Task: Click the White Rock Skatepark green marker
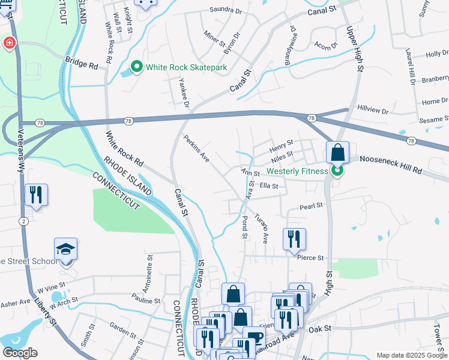pyautogui.click(x=137, y=67)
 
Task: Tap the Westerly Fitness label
pyautogui.click(x=297, y=171)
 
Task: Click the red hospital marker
pyautogui.click(x=9, y=43)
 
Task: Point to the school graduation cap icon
pyautogui.click(x=66, y=248)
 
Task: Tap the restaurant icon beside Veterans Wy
pyautogui.click(x=36, y=194)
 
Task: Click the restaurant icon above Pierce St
pyautogui.click(x=294, y=238)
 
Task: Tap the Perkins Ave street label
pyautogui.click(x=196, y=148)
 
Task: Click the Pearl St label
pyautogui.click(x=311, y=205)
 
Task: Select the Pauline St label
pyautogui.click(x=146, y=300)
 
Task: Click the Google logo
pyautogui.click(x=20, y=352)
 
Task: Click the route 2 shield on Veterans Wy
pyautogui.click(x=23, y=222)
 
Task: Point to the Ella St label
pyautogui.click(x=268, y=187)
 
